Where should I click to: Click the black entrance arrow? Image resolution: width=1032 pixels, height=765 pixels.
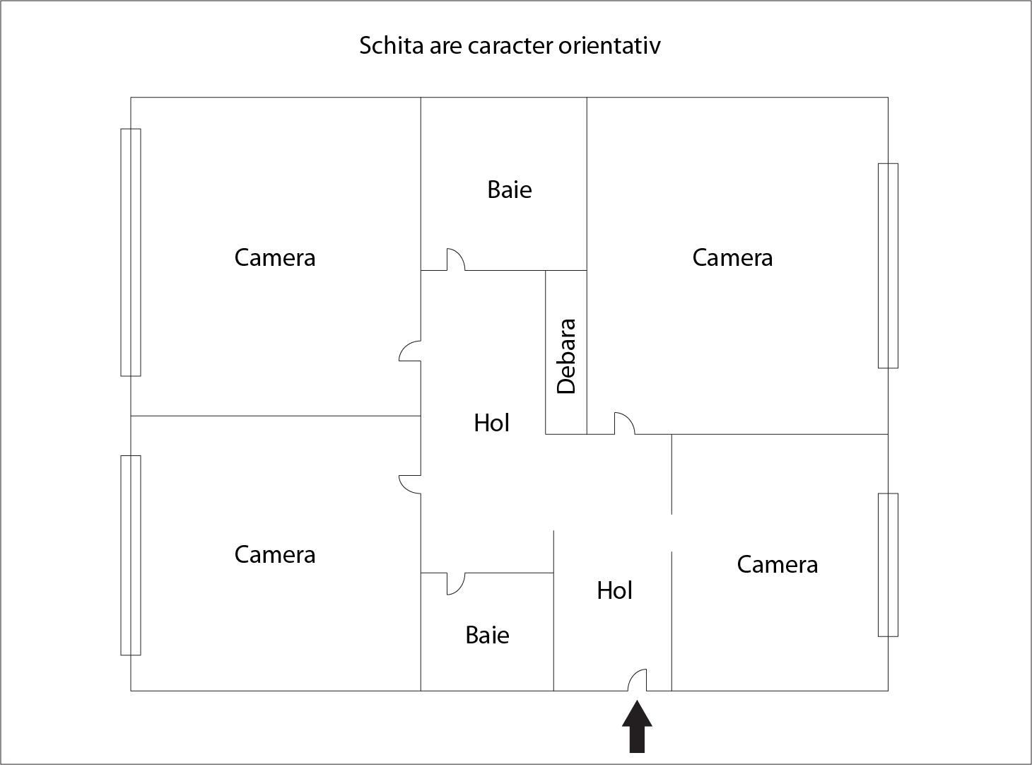[x=637, y=726]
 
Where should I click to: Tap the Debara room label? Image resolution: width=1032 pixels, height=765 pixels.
[x=566, y=356]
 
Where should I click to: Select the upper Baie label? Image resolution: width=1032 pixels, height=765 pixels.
[x=510, y=189]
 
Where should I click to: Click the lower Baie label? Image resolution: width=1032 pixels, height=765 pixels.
[x=487, y=635]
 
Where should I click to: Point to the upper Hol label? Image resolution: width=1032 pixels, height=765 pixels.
[x=491, y=423]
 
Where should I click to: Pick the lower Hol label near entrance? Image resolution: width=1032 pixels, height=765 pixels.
[x=614, y=590]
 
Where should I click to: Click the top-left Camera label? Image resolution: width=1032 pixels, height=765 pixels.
[x=274, y=257]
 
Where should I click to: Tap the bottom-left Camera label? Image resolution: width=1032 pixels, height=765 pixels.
[x=274, y=554]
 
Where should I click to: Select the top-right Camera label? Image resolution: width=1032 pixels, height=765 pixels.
[x=732, y=257]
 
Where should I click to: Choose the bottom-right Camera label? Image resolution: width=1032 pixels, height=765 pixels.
[x=777, y=564]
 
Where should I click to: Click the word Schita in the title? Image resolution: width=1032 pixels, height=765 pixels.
[x=392, y=45]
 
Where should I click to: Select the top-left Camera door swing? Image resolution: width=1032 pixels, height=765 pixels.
[x=404, y=346]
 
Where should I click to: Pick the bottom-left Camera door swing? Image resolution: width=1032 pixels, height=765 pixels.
[x=404, y=489]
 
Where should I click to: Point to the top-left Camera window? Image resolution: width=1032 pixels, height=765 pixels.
[x=131, y=252]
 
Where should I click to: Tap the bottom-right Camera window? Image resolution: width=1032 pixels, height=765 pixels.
[x=888, y=564]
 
